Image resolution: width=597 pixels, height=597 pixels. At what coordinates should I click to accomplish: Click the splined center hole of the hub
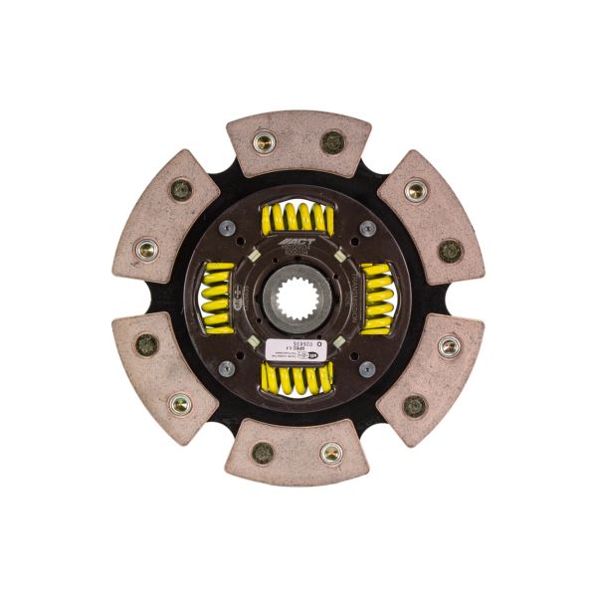[298, 298]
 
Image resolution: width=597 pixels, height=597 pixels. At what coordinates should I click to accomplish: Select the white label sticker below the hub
[298, 349]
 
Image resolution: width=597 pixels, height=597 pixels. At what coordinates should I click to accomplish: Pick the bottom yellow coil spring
[298, 376]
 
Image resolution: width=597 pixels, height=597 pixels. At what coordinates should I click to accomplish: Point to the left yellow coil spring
[218, 297]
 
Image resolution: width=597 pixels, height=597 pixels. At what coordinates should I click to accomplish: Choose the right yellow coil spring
[377, 297]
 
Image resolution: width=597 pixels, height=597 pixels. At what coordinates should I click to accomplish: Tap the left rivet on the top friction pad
[264, 142]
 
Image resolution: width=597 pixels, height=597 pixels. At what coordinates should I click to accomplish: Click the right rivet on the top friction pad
[332, 142]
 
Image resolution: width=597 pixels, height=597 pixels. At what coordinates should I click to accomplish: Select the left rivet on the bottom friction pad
[264, 452]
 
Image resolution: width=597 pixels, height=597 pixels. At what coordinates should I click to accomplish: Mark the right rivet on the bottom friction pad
[331, 453]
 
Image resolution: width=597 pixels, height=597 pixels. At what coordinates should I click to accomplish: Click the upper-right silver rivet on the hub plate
[368, 228]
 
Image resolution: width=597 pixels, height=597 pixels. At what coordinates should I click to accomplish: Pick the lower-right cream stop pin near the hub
[340, 339]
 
